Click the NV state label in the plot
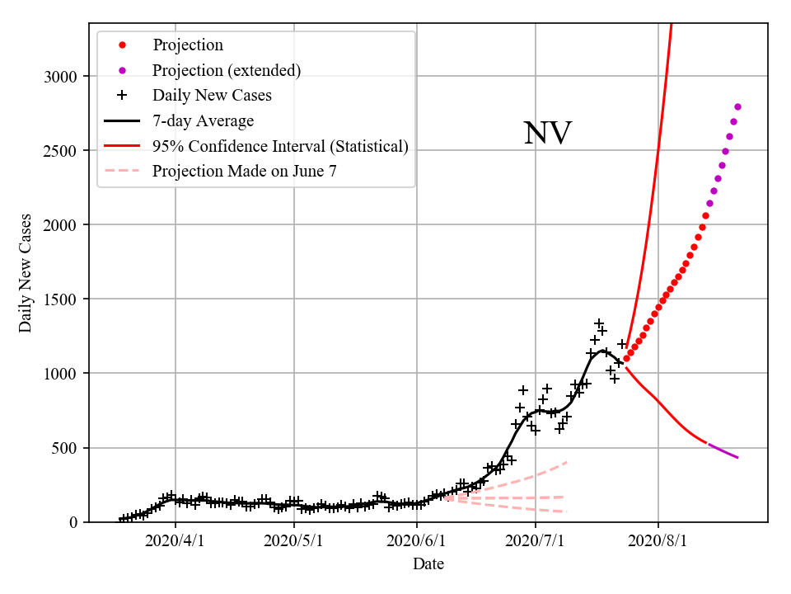click(x=547, y=134)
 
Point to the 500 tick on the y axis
click(x=65, y=448)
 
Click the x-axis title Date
click(x=428, y=564)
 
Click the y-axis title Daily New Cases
click(x=26, y=273)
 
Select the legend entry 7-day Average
click(x=203, y=120)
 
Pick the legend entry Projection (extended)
click(x=227, y=70)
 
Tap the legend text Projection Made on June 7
click(x=245, y=171)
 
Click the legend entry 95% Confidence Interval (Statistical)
click(x=280, y=146)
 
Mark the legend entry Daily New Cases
click(x=212, y=96)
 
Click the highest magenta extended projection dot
click(x=737, y=106)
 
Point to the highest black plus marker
click(x=599, y=323)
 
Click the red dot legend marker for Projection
click(x=122, y=45)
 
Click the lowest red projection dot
click(x=626, y=358)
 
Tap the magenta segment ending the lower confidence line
click(x=723, y=450)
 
